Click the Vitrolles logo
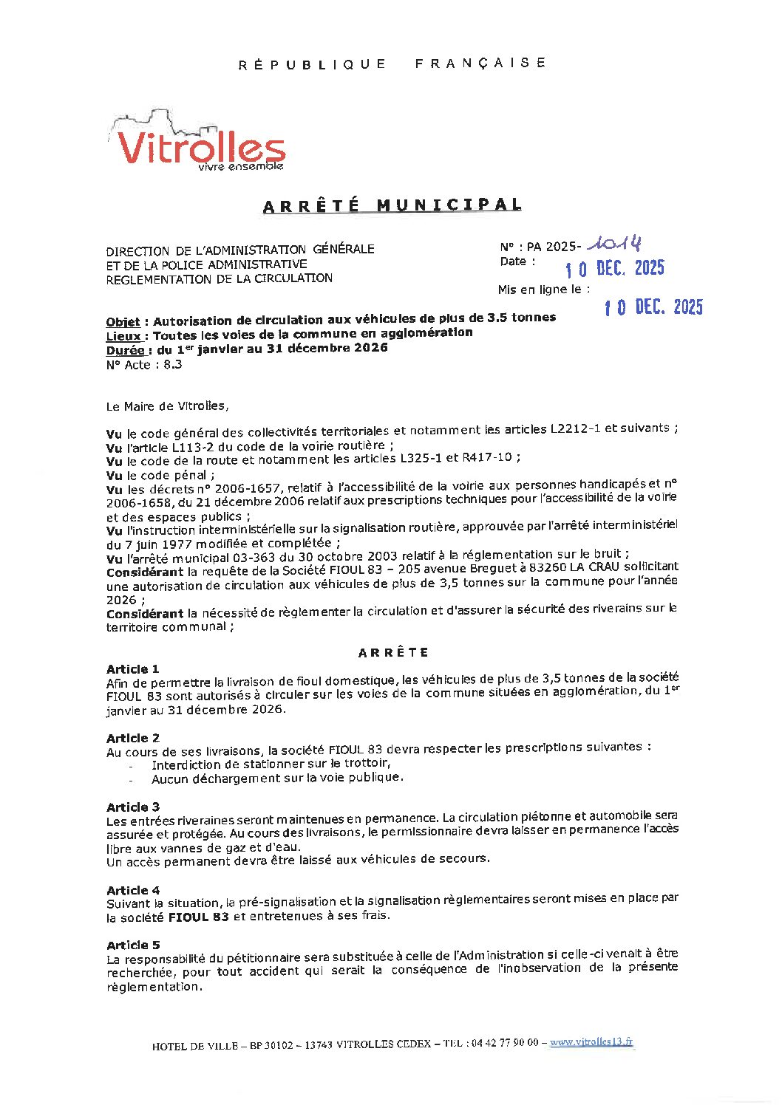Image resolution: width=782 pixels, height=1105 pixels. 198,142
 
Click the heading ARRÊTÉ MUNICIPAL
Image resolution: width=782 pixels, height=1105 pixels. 392,205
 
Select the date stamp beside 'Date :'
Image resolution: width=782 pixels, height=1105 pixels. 614,268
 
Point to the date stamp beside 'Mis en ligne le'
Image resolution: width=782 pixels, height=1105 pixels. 653,307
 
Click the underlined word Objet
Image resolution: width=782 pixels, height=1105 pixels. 123,322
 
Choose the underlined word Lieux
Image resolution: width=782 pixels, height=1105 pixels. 123,336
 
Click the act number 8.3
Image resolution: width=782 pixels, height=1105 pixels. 172,365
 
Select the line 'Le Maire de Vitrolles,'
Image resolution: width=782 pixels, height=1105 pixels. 167,406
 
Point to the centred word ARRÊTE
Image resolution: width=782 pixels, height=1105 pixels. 393,652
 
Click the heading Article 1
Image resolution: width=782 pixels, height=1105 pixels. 132,669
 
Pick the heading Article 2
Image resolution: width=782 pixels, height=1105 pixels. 132,738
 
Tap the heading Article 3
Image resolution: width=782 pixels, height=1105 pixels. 132,807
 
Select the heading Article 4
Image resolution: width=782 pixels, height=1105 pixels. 132,890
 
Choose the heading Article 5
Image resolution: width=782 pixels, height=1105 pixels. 132,945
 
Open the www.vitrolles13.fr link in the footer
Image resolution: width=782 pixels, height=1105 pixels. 591,1041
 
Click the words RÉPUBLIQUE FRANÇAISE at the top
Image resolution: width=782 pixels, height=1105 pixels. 392,64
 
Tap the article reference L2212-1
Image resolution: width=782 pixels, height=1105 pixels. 575,428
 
